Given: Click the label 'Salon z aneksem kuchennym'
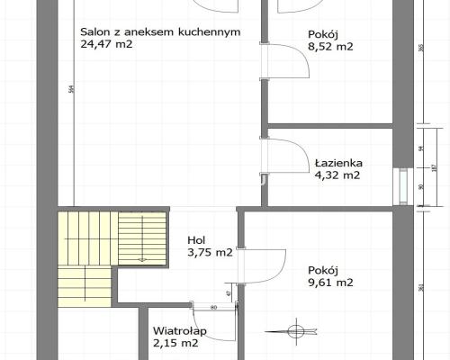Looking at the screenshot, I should pyautogui.click(x=160, y=31).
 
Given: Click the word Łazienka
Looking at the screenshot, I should pyautogui.click(x=338, y=164).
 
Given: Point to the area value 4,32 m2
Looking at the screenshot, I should pyautogui.click(x=337, y=175).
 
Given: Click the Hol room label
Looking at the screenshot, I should pyautogui.click(x=195, y=240).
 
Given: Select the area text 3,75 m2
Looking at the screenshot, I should pyautogui.click(x=210, y=253).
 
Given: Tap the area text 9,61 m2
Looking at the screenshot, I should pyautogui.click(x=329, y=282).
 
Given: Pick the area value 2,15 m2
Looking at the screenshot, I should pyautogui.click(x=175, y=343).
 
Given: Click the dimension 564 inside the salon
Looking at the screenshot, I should pyautogui.click(x=71, y=88).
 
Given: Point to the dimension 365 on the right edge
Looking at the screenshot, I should pyautogui.click(x=421, y=49).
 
